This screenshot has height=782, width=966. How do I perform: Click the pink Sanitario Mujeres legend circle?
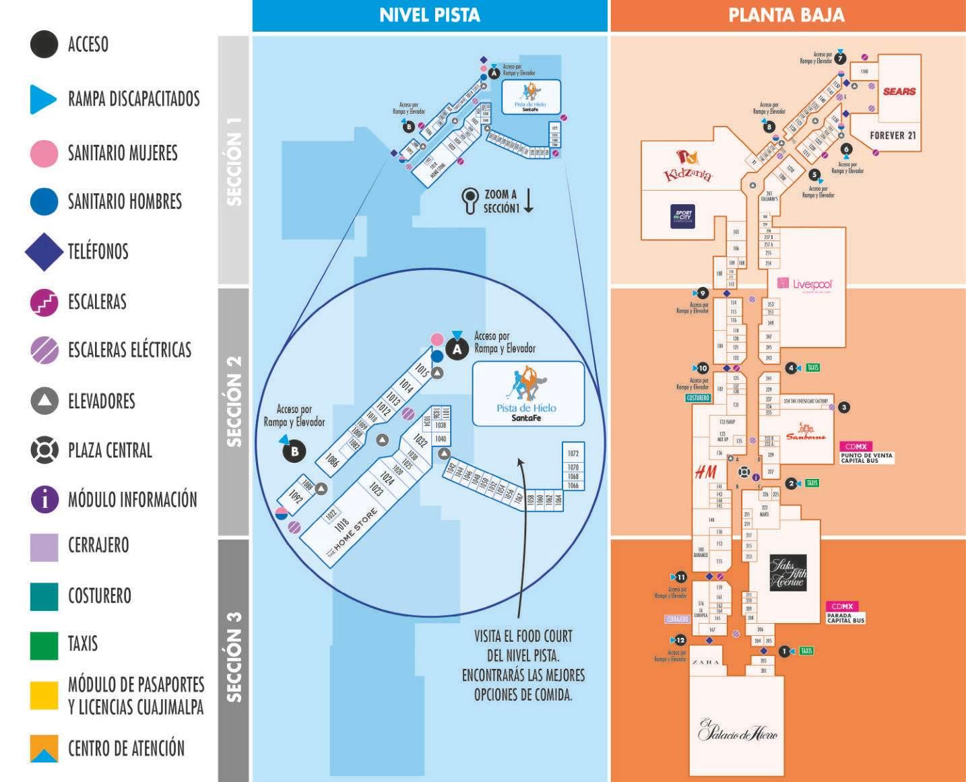pyautogui.click(x=44, y=154)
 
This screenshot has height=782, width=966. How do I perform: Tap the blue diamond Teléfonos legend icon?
pyautogui.click(x=44, y=252)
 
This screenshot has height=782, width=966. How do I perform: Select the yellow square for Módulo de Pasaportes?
pyautogui.click(x=44, y=695)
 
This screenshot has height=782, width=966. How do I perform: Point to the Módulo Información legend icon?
pyautogui.click(x=44, y=500)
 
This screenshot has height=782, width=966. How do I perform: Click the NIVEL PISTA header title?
pyautogui.click(x=430, y=15)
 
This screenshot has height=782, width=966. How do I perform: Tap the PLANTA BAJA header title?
pyautogui.click(x=786, y=15)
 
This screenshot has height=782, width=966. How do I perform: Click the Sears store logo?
pyautogui.click(x=899, y=92)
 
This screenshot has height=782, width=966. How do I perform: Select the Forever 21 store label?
pyautogui.click(x=893, y=135)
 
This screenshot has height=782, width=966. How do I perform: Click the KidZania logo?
pyautogui.click(x=688, y=167)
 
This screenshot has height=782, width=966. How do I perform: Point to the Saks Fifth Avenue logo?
pyautogui.click(x=787, y=573)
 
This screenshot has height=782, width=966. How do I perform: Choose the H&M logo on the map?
pyautogui.click(x=705, y=472)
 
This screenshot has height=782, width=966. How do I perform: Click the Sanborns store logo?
pyautogui.click(x=806, y=432)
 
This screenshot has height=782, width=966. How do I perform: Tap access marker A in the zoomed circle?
pyautogui.click(x=457, y=349)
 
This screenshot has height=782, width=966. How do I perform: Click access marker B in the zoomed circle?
pyautogui.click(x=294, y=451)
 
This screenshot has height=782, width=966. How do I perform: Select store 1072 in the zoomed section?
pyautogui.click(x=573, y=453)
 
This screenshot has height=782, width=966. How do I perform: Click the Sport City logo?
pyautogui.click(x=682, y=216)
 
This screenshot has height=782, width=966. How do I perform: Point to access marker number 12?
pyautogui.click(x=681, y=640)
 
